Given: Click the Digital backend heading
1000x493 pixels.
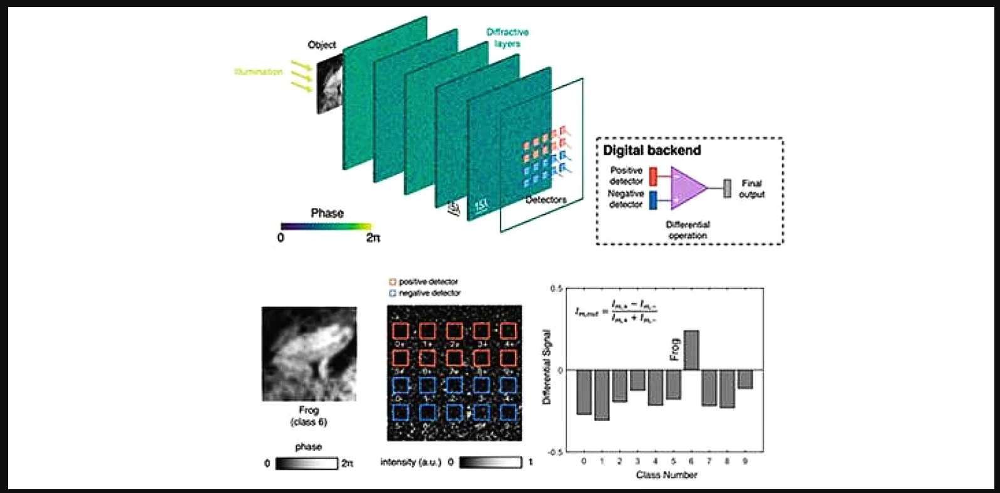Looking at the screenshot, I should (x=651, y=150).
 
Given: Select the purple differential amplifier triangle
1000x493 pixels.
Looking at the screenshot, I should (x=687, y=187).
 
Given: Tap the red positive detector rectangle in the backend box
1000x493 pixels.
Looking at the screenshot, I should (x=653, y=176).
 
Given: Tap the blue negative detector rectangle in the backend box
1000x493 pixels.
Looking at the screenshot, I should (x=653, y=200).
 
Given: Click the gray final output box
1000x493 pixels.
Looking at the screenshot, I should (x=727, y=188).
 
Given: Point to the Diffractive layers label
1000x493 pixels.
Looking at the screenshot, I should (x=507, y=38).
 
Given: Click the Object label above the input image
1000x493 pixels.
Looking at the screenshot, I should (x=322, y=45).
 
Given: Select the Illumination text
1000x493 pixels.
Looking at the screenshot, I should (x=259, y=72).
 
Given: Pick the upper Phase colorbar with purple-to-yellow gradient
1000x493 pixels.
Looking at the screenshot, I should (x=326, y=226).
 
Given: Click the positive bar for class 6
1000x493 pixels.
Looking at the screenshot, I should (x=691, y=350).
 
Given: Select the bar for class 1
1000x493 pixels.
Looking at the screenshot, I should (x=602, y=395).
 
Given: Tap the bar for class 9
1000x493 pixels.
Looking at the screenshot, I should (x=745, y=379).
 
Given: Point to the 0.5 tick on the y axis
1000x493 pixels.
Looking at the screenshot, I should (x=556, y=289).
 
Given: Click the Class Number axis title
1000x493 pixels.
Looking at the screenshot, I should (x=666, y=475).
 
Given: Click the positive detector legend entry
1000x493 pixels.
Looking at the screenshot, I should (x=424, y=282).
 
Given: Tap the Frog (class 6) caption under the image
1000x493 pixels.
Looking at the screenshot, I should (x=309, y=416).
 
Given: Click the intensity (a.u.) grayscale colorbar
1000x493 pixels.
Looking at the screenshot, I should (x=490, y=462).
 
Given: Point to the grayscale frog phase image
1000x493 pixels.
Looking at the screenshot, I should (x=309, y=354).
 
